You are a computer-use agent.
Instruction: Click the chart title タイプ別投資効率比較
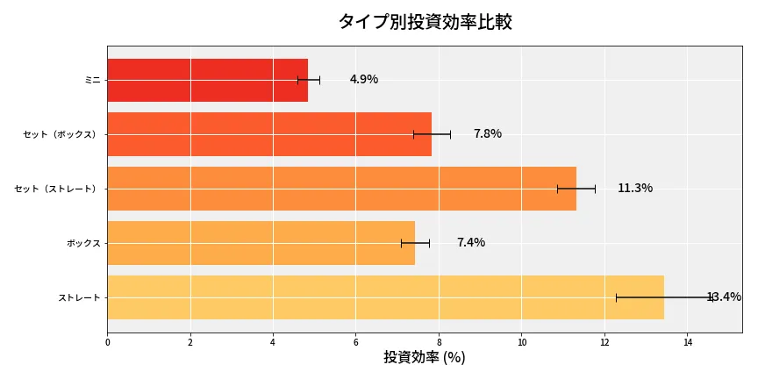click(425, 22)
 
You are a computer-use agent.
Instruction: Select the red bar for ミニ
click(207, 80)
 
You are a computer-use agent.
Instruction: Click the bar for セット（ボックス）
click(269, 134)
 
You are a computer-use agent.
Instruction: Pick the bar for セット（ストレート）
click(341, 189)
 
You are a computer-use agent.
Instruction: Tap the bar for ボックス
click(261, 243)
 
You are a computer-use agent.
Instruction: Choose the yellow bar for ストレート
click(385, 297)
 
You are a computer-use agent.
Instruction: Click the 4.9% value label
click(363, 80)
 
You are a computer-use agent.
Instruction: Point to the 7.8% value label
click(487, 134)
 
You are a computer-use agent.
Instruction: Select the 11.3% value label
click(634, 189)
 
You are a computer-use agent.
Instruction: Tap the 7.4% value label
click(470, 243)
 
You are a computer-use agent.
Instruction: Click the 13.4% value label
click(723, 297)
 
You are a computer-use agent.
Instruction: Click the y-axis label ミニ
click(92, 80)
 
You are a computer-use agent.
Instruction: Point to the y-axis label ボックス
click(83, 243)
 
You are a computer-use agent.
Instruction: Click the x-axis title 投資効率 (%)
click(424, 358)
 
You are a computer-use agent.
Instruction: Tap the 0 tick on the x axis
click(107, 342)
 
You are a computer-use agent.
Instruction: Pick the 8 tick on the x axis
click(439, 342)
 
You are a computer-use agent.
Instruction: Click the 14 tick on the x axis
click(688, 342)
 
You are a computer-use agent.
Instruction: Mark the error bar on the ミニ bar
click(309, 80)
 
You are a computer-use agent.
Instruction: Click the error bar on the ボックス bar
click(415, 243)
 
